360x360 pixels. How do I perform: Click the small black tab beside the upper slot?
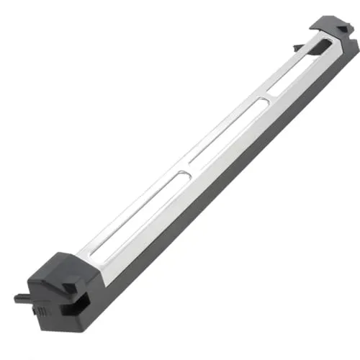tap(297, 48)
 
